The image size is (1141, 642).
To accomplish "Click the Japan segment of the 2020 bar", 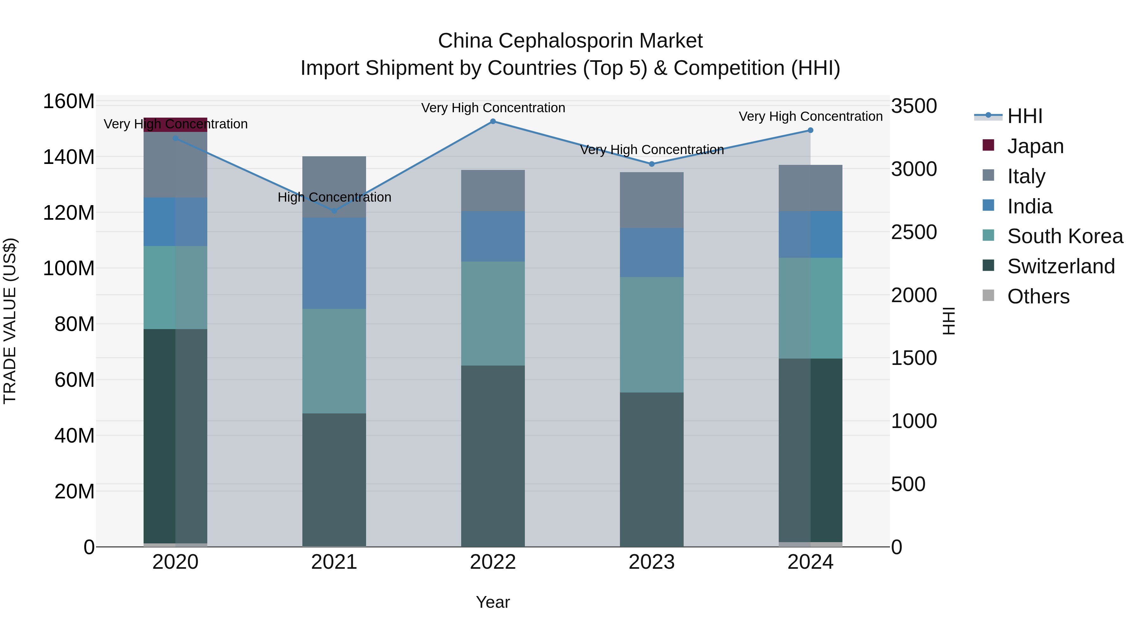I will click(x=175, y=125).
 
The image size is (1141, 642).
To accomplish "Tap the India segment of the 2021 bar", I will click(x=334, y=263).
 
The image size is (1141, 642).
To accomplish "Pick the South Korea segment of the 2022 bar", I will click(x=493, y=313).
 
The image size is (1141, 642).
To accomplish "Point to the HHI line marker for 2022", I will click(x=493, y=121).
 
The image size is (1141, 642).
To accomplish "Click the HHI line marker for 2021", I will click(x=334, y=211).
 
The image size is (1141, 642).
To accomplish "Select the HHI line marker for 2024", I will click(x=810, y=130).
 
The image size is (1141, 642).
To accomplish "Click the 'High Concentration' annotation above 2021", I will click(x=334, y=197).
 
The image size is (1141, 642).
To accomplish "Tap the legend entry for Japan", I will click(x=1035, y=146).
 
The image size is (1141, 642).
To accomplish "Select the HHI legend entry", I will click(x=1024, y=116).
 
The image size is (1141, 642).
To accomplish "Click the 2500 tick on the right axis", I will click(x=913, y=232).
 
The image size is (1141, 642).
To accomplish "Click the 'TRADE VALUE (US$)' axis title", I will click(x=10, y=321).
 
